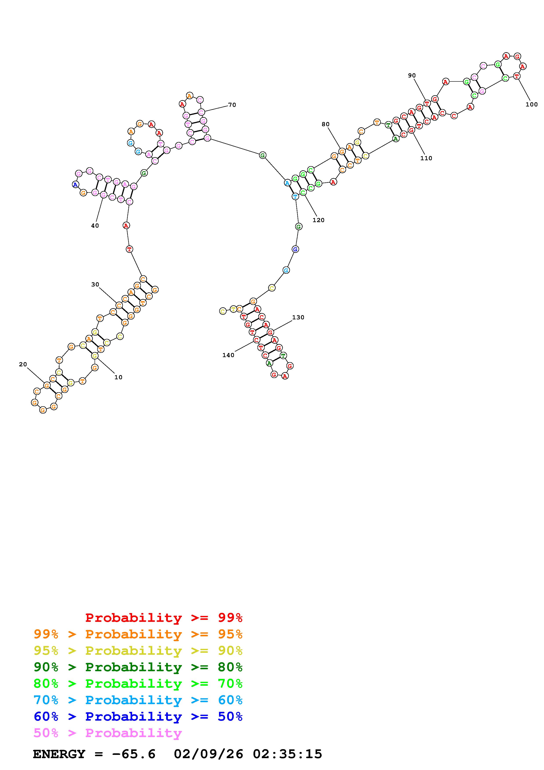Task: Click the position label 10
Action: [118, 377]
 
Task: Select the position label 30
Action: [95, 284]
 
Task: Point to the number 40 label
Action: [95, 226]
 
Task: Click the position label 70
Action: [232, 105]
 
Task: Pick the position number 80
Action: [325, 124]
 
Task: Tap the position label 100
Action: [531, 104]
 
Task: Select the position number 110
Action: [426, 158]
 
